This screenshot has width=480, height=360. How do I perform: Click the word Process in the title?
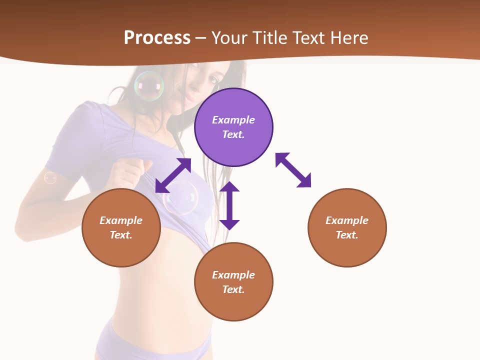point(157,37)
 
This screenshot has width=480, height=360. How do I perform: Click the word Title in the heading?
point(270,37)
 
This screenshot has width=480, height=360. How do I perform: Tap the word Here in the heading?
point(348,37)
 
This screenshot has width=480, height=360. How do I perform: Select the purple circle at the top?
point(233,127)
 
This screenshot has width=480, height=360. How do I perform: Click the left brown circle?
point(121,227)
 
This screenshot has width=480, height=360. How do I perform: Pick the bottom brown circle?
point(233,282)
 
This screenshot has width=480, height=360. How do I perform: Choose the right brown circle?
point(347,227)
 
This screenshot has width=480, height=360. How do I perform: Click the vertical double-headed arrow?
point(229,205)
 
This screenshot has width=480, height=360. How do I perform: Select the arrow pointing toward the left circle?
point(173,175)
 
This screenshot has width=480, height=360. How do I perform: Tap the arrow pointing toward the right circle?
point(293,170)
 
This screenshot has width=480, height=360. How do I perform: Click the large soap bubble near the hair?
point(149,86)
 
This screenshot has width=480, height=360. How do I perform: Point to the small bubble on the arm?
point(50,177)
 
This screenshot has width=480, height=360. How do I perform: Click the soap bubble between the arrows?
point(181,198)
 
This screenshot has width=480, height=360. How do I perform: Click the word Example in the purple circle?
point(233,120)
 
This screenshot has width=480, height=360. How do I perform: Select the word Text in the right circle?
point(346,235)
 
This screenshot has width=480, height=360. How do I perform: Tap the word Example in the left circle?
point(121,220)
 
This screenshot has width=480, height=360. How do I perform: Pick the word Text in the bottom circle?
point(233,289)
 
